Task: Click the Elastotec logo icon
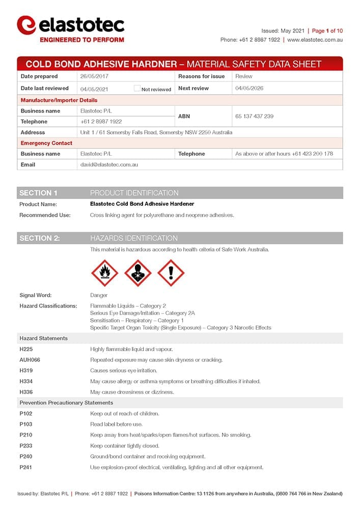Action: pyautogui.click(x=26, y=25)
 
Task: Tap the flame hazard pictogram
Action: pyautogui.click(x=104, y=273)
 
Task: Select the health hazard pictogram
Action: pyautogui.click(x=138, y=273)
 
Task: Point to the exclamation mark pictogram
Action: pyautogui.click(x=171, y=273)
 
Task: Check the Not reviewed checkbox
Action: pyautogui.click(x=137, y=89)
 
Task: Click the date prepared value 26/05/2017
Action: pyautogui.click(x=94, y=76)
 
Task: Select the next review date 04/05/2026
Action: pyautogui.click(x=249, y=89)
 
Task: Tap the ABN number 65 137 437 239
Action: pyautogui.click(x=254, y=117)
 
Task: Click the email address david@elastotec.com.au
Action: pyautogui.click(x=109, y=165)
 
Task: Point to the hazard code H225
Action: pyautogui.click(x=26, y=349)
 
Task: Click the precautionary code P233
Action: pyautogui.click(x=26, y=446)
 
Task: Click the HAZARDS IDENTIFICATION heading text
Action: pyautogui.click(x=134, y=238)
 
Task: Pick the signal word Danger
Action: pyautogui.click(x=99, y=295)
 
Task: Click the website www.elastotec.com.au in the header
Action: pyautogui.click(x=315, y=40)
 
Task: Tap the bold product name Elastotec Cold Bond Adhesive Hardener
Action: pyautogui.click(x=142, y=204)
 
